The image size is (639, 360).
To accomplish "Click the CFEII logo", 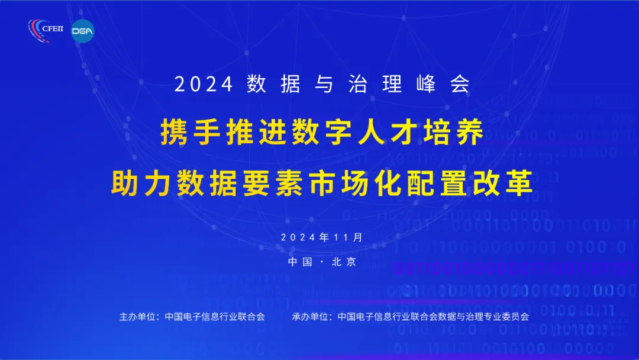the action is (46, 30).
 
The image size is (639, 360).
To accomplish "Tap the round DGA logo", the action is (82, 31).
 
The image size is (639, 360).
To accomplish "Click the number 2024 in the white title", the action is (204, 85).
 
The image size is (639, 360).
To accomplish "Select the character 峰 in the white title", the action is (426, 84).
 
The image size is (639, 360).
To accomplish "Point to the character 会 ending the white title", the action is (460, 84).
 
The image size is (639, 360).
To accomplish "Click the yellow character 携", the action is (174, 132).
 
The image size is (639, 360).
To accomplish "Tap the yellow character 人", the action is (371, 132).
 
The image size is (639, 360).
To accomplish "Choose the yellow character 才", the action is (404, 132).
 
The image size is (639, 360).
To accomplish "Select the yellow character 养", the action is (470, 132).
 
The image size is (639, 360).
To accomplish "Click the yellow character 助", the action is (125, 182).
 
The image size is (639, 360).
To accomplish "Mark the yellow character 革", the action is (519, 182).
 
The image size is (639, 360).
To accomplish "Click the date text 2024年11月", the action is (321, 237).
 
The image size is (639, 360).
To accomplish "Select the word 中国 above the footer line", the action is (301, 262).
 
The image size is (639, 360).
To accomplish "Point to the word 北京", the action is (344, 262).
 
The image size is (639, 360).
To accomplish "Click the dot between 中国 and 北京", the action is (322, 262).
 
